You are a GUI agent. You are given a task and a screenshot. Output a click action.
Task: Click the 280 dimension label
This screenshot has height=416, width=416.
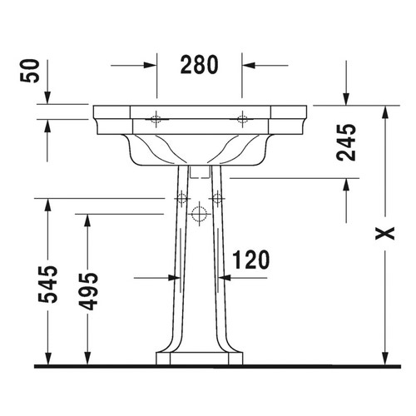(200, 63)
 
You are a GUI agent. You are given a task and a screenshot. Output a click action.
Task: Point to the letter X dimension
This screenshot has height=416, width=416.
(383, 235)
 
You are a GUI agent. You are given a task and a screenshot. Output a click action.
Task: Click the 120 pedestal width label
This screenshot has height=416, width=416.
(250, 260)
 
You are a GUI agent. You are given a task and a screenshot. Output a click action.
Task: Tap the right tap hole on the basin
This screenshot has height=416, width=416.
(242, 119)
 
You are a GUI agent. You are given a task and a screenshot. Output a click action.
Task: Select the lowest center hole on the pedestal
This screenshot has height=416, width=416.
(198, 215)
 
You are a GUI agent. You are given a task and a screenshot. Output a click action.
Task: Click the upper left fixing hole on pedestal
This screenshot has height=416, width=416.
(178, 198)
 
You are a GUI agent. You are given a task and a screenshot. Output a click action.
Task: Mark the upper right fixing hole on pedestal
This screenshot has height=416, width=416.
(217, 198)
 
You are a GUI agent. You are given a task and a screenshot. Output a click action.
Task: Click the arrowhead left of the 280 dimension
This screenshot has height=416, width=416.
(151, 64)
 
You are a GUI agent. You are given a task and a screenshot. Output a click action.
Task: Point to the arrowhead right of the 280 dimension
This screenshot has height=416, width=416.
(248, 64)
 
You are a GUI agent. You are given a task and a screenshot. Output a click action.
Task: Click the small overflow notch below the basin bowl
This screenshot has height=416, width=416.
(198, 171)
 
